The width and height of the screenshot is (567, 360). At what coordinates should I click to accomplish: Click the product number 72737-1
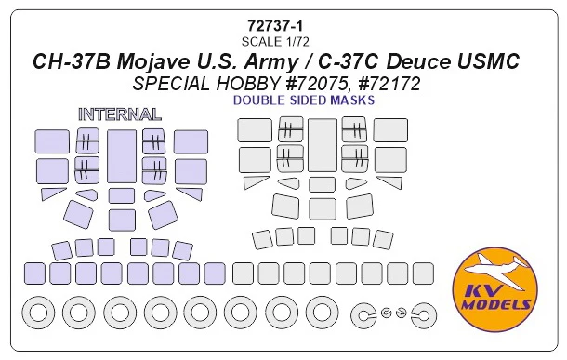[x=275, y=26]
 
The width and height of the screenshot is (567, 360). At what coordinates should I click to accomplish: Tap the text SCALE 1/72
[x=275, y=42]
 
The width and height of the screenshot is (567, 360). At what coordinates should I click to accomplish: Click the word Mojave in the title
[x=152, y=61]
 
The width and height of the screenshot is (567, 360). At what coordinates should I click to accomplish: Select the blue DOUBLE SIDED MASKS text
[x=304, y=100]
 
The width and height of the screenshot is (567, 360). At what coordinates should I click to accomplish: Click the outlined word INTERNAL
[x=120, y=114]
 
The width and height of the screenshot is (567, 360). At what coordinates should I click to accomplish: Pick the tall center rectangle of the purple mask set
[x=122, y=156]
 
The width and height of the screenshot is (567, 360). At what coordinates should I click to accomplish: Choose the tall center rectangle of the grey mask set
[x=323, y=145]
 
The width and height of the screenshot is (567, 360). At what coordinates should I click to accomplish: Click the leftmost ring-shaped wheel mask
[x=38, y=313]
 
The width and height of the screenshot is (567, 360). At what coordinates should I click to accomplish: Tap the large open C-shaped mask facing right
[x=363, y=315]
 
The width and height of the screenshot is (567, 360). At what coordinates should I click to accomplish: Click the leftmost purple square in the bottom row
[x=34, y=273]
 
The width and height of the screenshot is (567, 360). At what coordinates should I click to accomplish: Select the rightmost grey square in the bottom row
[x=423, y=273]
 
